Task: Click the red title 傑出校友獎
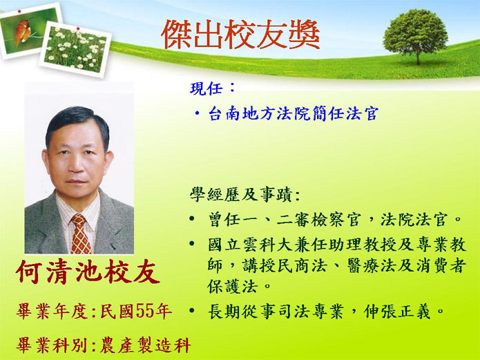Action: point(240,35)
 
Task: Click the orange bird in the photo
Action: point(22,31)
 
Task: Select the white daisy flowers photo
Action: point(75,49)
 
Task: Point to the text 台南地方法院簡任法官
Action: point(294,113)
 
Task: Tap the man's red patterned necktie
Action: point(80,234)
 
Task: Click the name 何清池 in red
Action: point(59,272)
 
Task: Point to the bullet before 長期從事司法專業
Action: point(192,311)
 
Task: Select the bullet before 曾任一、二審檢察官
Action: point(192,218)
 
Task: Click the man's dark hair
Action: point(77,122)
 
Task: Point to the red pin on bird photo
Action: point(19,11)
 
